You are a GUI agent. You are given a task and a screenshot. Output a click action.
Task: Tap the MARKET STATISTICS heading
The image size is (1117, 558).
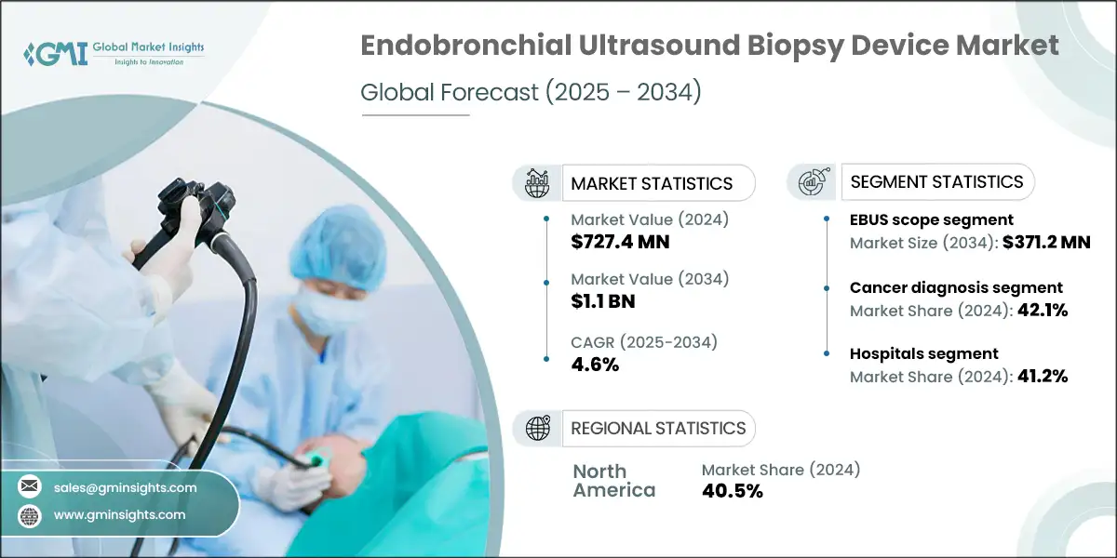click(652, 183)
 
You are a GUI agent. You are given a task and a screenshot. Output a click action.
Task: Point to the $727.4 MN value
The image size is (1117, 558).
click(620, 242)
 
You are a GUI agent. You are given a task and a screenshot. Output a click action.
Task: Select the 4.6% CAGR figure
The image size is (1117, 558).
click(595, 365)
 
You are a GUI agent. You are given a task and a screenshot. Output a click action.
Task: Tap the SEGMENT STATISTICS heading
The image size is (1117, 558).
click(937, 181)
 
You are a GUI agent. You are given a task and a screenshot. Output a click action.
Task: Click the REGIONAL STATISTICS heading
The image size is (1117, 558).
click(658, 428)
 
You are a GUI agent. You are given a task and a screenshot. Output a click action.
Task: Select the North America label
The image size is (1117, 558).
click(613, 480)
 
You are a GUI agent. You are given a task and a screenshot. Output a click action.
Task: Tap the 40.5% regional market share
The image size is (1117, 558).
click(733, 491)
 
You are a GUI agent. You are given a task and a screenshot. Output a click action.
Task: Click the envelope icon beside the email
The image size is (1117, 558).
click(30, 487)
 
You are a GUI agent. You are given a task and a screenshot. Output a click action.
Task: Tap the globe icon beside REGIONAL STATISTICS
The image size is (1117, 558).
click(537, 428)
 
